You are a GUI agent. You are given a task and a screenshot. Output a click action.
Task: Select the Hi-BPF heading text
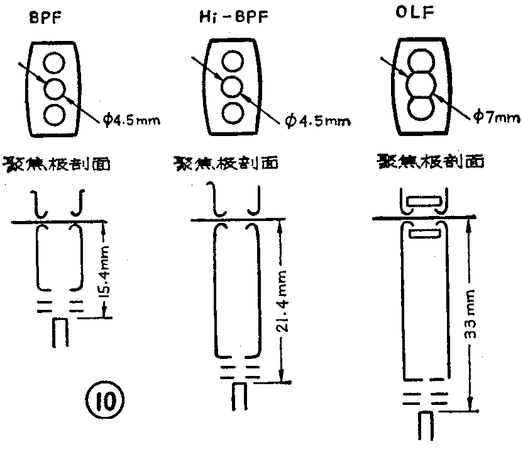[x=234, y=16]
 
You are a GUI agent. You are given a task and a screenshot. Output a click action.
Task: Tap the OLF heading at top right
[x=415, y=13]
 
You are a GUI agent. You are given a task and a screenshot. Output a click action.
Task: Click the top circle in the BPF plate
[x=53, y=63]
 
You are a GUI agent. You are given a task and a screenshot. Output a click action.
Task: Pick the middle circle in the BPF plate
[x=54, y=89]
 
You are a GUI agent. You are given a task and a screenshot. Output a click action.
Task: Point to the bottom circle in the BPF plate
[x=54, y=114]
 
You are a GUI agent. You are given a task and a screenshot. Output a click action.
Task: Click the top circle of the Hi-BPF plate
[x=233, y=61]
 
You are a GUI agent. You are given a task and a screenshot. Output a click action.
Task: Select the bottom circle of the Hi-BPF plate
[x=233, y=113]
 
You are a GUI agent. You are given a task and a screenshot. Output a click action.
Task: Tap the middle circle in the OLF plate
[x=421, y=85]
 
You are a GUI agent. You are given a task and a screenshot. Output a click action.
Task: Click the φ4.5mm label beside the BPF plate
[x=131, y=119]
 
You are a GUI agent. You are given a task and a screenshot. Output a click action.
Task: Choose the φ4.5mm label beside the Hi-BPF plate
[x=317, y=121]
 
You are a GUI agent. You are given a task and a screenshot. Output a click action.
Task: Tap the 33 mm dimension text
[x=470, y=314]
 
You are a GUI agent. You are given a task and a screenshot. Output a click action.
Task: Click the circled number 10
[x=105, y=401]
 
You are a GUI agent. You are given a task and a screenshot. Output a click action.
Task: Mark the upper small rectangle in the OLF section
[x=424, y=202]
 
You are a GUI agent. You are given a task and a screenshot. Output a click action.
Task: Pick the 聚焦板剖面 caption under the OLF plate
[x=430, y=161]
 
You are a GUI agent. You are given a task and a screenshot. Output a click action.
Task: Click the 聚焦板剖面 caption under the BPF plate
[x=57, y=164]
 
